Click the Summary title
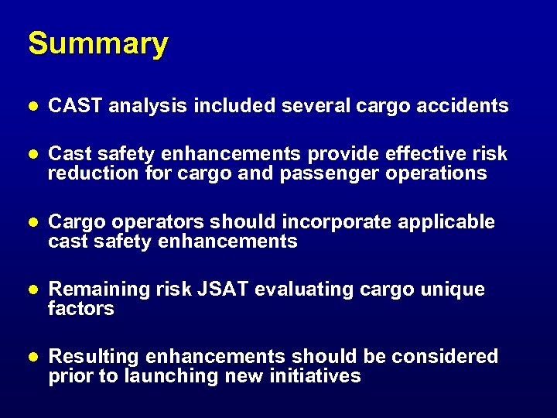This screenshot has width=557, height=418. tap(97, 45)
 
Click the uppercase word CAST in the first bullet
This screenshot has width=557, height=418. tap(75, 106)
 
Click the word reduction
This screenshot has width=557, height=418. tap(94, 173)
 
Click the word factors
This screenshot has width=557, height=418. tap(80, 309)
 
